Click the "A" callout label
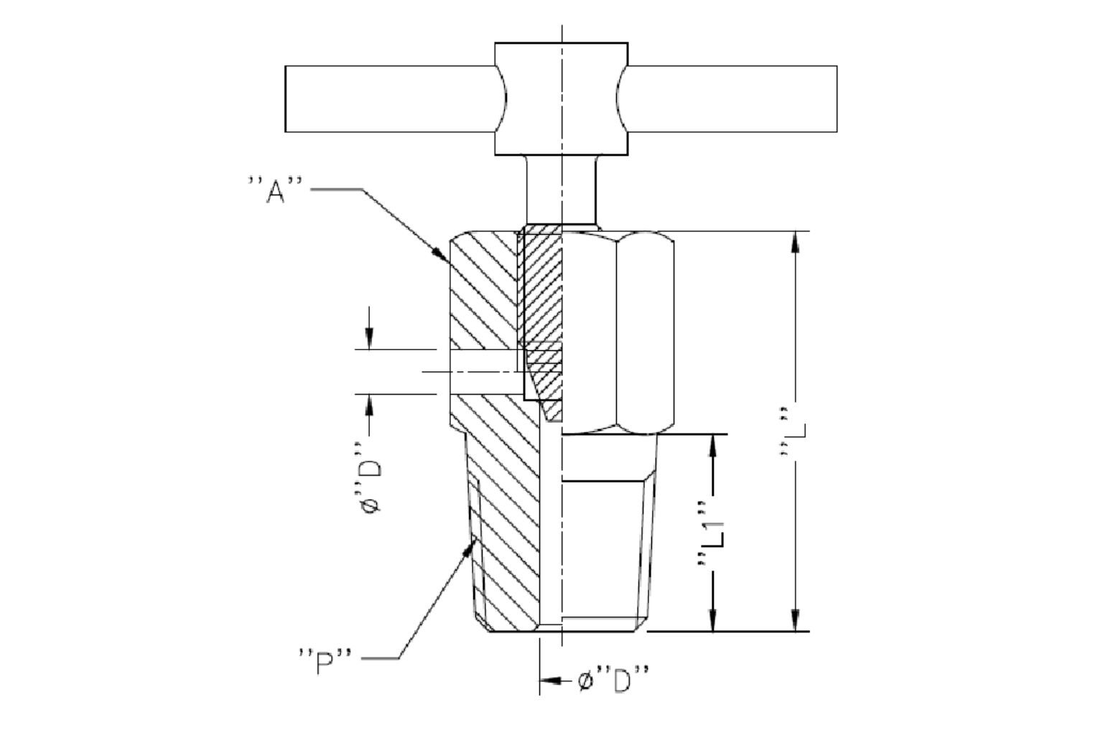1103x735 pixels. click(275, 189)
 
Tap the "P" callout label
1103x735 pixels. click(325, 661)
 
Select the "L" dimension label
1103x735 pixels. click(792, 432)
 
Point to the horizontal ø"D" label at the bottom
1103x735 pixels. click(614, 680)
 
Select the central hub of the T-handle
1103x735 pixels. click(562, 99)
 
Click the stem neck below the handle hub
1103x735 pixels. click(562, 190)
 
